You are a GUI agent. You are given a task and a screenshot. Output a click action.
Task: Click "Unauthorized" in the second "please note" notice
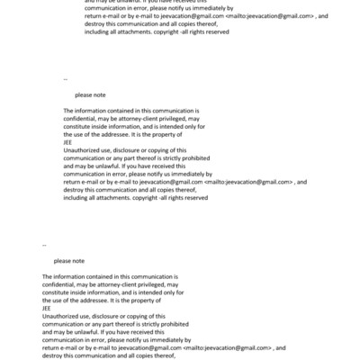click(x=58, y=314)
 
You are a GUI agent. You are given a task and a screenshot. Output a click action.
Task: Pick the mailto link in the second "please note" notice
click(x=227, y=346)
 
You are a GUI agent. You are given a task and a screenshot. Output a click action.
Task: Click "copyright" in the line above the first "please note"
click(x=147, y=31)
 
